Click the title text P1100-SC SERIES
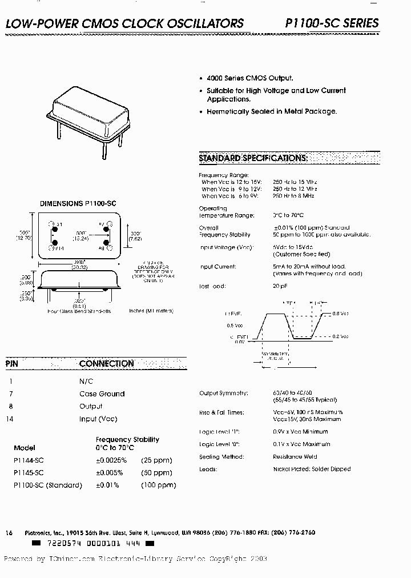(332, 23)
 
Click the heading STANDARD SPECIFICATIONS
(253, 158)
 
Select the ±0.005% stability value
(111, 473)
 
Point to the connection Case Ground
(102, 394)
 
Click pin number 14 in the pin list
(10, 419)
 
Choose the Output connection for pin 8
(91, 407)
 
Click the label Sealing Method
(221, 457)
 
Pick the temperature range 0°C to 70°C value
(288, 215)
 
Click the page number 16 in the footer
(9, 532)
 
